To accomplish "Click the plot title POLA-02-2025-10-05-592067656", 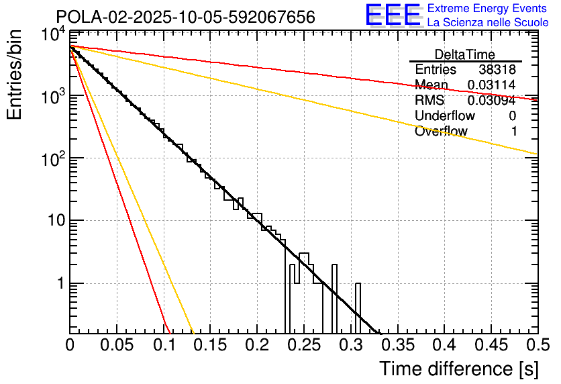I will [185, 17].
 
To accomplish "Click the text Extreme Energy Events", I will [488, 9].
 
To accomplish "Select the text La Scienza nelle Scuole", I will [488, 22].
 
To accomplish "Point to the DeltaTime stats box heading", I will [465, 54].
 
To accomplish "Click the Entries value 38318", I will [497, 70].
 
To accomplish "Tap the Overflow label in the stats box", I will [441, 132].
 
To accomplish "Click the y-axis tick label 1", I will [58, 283].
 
